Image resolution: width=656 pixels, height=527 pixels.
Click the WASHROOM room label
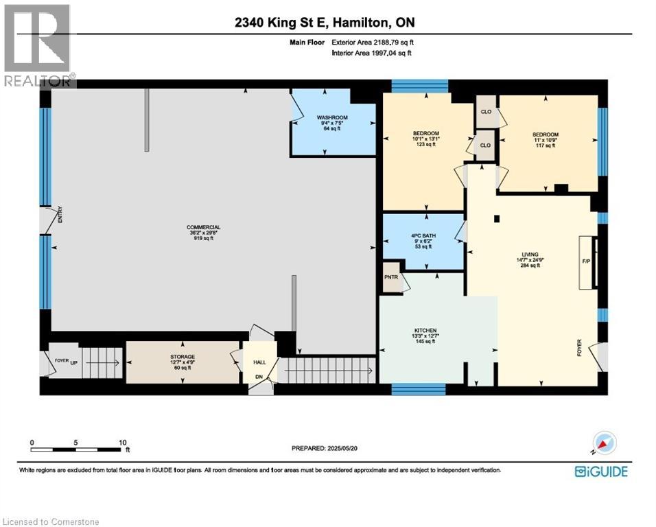tap(332, 117)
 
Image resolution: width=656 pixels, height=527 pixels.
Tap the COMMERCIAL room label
tap(203, 227)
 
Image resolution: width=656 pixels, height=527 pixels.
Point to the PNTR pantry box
tap(391, 277)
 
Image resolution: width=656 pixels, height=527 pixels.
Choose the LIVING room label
tap(529, 254)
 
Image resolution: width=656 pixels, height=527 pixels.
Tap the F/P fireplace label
tap(585, 261)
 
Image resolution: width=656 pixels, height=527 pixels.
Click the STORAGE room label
tap(183, 357)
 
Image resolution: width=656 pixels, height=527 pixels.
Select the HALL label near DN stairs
tap(259, 362)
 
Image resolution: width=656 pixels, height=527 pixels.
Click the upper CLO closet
tap(485, 112)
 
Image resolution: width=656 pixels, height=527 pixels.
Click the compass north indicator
tap(605, 444)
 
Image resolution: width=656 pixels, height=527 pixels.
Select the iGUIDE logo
tap(601, 471)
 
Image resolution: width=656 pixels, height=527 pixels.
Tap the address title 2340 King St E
tap(323, 23)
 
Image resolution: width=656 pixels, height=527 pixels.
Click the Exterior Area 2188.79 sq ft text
tap(373, 42)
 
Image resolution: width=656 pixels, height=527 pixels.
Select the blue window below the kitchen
tap(419, 389)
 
